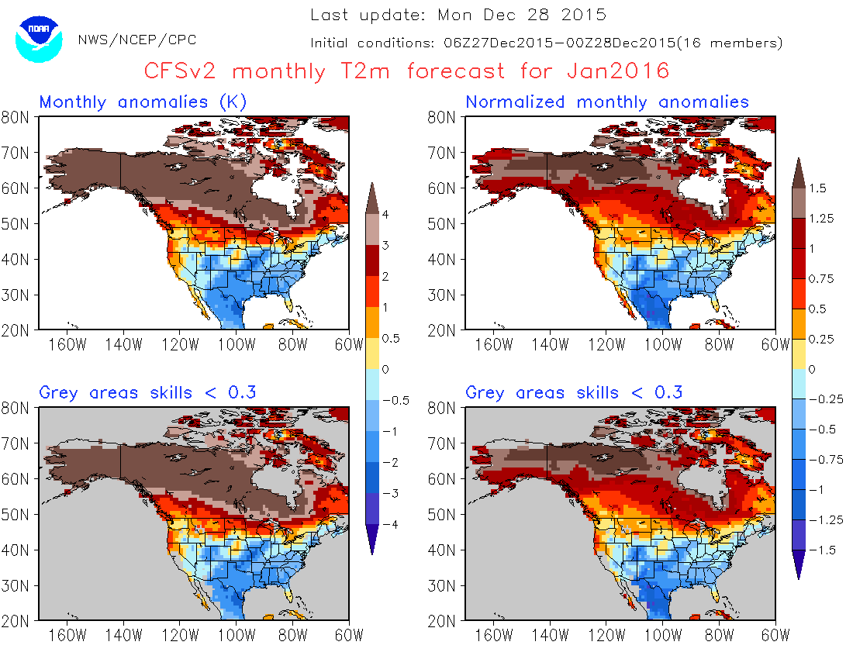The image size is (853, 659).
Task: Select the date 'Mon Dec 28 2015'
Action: pyautogui.click(x=521, y=15)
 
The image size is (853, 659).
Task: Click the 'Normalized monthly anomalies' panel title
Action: pyautogui.click(x=607, y=102)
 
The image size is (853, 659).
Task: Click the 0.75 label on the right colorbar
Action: pyautogui.click(x=824, y=279)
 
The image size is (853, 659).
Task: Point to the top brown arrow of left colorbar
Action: pyautogui.click(x=373, y=195)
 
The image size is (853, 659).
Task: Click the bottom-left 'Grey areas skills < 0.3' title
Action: pyautogui.click(x=147, y=393)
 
